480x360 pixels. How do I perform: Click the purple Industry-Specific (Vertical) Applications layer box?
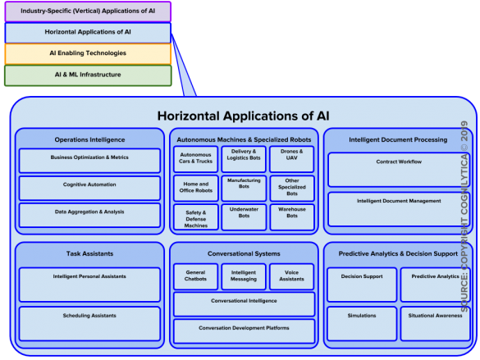(88, 11)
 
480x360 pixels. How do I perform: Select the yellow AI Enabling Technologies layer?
(88, 54)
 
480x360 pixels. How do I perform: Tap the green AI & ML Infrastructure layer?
(88, 75)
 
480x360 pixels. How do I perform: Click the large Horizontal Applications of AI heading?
(244, 116)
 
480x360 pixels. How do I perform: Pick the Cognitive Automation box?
(89, 188)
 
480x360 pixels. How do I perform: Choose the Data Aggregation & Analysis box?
(89, 215)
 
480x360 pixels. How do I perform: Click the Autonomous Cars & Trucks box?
(195, 159)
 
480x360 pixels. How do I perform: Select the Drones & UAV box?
(292, 159)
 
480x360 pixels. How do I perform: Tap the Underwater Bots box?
(244, 217)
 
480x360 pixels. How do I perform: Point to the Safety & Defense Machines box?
(196, 217)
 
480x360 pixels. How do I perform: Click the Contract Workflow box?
(399, 170)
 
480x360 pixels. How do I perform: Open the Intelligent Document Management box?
(399, 209)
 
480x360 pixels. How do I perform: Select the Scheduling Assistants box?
(89, 324)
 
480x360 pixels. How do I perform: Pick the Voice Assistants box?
(292, 276)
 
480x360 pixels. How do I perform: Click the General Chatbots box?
(195, 276)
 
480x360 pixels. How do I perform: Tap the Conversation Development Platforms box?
(244, 331)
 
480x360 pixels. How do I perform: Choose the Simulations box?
(362, 324)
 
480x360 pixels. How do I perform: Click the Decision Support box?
(362, 285)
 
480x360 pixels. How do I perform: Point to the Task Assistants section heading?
(89, 253)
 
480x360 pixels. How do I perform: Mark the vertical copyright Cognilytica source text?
(464, 216)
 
